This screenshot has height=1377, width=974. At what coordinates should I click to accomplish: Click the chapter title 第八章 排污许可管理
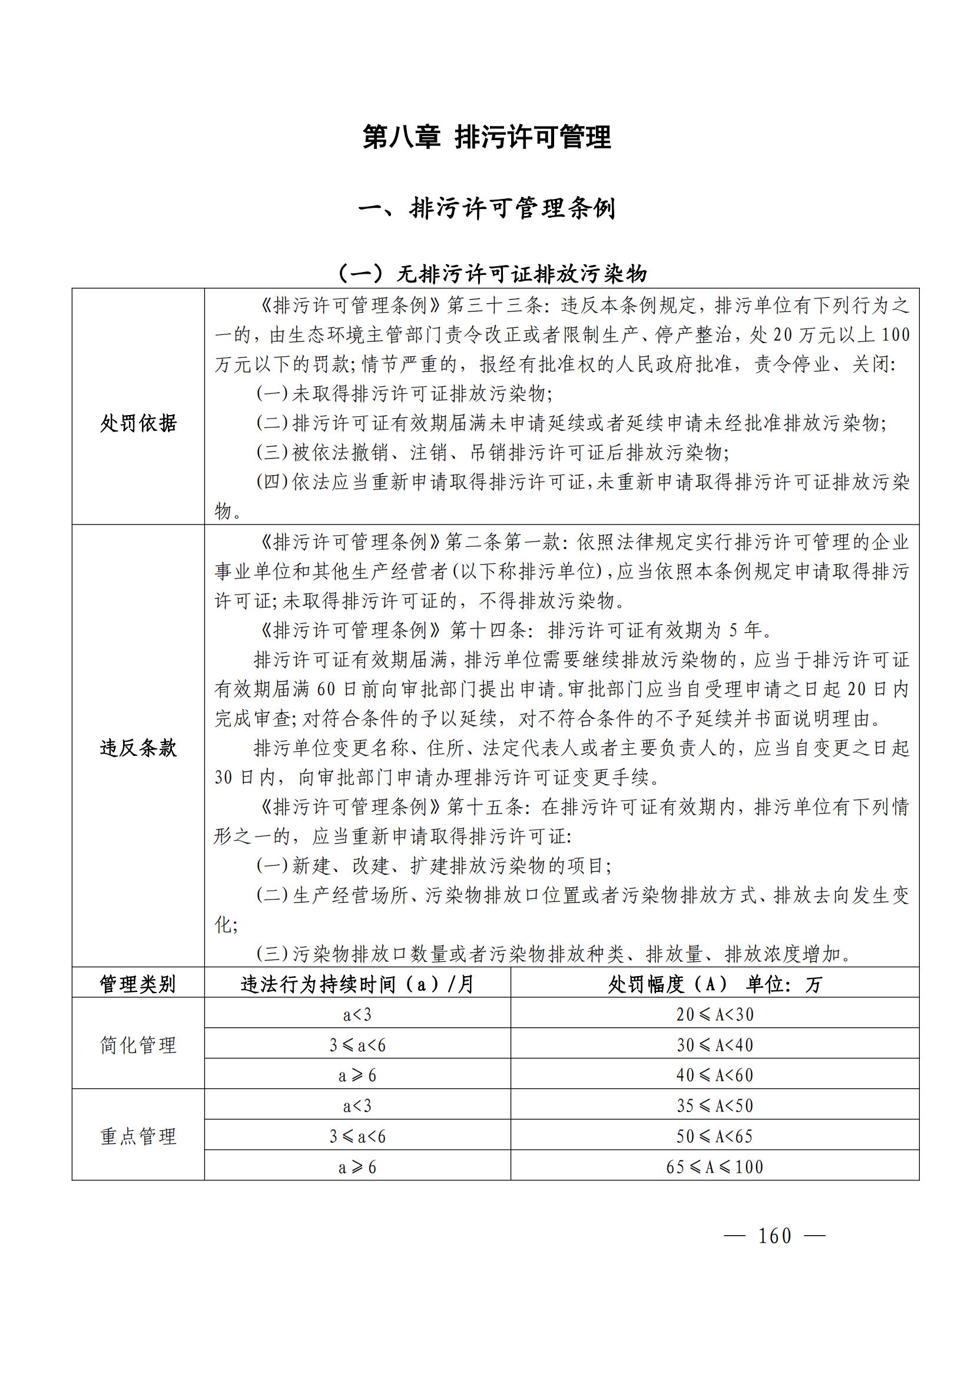(486, 137)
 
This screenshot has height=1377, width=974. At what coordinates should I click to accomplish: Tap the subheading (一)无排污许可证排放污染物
(492, 274)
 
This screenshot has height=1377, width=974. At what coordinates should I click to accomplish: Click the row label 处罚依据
(138, 423)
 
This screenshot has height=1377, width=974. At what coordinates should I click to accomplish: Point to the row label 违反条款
(138, 748)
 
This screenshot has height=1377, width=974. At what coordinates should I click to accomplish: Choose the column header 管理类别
(138, 984)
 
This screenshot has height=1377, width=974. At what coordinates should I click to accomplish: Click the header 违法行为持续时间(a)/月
(357, 984)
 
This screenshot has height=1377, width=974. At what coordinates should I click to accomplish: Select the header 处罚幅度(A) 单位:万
(714, 984)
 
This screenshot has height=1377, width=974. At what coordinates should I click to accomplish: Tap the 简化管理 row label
(138, 1046)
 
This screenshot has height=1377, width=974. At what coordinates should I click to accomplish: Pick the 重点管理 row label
(138, 1136)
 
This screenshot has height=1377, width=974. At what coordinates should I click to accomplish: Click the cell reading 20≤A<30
(714, 1015)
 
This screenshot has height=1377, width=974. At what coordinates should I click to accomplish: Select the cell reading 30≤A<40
(714, 1046)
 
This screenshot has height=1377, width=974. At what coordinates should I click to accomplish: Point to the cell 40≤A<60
(714, 1076)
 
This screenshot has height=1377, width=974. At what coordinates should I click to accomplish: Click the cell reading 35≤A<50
(714, 1106)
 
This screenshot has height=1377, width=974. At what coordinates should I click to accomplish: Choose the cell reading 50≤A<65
(714, 1136)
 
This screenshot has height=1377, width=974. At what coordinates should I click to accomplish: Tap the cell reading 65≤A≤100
(714, 1167)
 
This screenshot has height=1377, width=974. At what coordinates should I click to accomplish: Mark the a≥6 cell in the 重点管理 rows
(357, 1167)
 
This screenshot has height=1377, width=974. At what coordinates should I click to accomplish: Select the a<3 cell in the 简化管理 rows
(357, 1015)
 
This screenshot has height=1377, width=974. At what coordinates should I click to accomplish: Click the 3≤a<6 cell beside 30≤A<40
(357, 1046)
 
